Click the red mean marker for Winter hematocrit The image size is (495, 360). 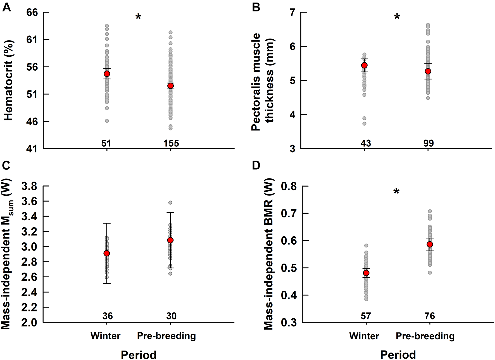pyautogui.click(x=107, y=74)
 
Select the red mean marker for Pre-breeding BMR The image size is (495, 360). pyautogui.click(x=430, y=244)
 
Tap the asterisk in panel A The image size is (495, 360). pyautogui.click(x=138, y=17)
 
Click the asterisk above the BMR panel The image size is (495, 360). pyautogui.click(x=396, y=192)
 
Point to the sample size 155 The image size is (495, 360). pyautogui.click(x=171, y=143)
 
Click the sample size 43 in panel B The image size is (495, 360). pyautogui.click(x=365, y=143)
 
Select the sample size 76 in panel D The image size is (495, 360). pyautogui.click(x=430, y=316)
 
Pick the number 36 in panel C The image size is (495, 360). pyautogui.click(x=108, y=316)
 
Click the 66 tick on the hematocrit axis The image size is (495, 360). pyautogui.click(x=32, y=13)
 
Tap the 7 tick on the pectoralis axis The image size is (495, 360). pyautogui.click(x=292, y=13)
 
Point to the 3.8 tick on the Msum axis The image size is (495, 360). pyautogui.click(x=29, y=186)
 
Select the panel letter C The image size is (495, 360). pyautogui.click(x=6, y=165)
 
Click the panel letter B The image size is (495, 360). pyautogui.click(x=256, y=7)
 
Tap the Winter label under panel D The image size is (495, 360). pyautogui.click(x=364, y=336)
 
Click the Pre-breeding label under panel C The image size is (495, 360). pyautogui.click(x=166, y=336)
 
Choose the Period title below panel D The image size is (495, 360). pyautogui.click(x=398, y=355)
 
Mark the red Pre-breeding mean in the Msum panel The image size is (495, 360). pyautogui.click(x=170, y=240)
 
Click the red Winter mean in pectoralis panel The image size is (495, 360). pyautogui.click(x=364, y=65)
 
